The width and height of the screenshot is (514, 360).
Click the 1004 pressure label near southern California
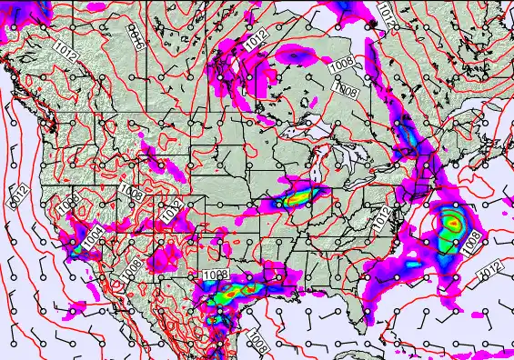(93, 241)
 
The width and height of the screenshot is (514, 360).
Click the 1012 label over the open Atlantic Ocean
(490, 271)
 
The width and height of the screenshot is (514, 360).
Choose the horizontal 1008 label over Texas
(216, 275)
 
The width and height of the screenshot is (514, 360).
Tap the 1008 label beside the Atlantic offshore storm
(472, 241)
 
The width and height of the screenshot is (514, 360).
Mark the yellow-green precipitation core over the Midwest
(298, 195)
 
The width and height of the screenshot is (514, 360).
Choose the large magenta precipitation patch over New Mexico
(166, 257)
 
